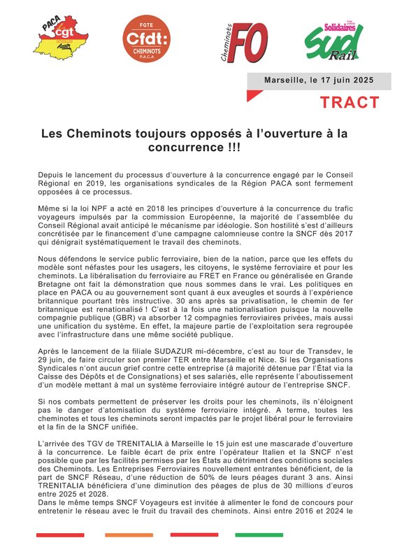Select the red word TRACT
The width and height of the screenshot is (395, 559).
350,102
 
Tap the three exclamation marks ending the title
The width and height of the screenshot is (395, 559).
227,148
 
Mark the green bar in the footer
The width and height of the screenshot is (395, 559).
259,535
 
